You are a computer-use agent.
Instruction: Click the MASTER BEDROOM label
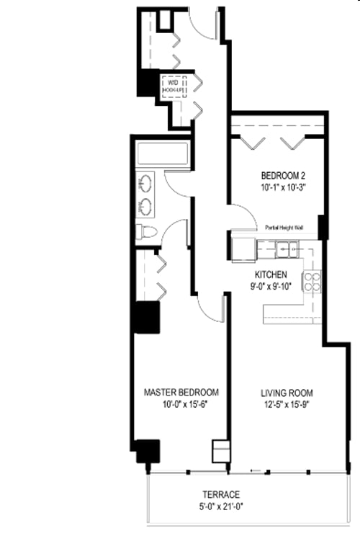pos(181,392)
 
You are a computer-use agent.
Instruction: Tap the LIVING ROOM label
pos(287,393)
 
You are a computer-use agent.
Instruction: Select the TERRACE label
pos(220,495)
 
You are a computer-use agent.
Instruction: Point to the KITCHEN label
pos(271,275)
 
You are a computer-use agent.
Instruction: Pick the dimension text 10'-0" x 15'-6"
pos(181,405)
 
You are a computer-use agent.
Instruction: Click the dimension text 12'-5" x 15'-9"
pos(287,406)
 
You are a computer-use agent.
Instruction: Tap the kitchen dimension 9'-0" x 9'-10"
pos(271,287)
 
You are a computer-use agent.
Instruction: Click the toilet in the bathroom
pos(147,232)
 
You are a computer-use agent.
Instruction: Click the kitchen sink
pos(289,249)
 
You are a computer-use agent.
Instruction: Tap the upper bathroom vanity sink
pos(145,183)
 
